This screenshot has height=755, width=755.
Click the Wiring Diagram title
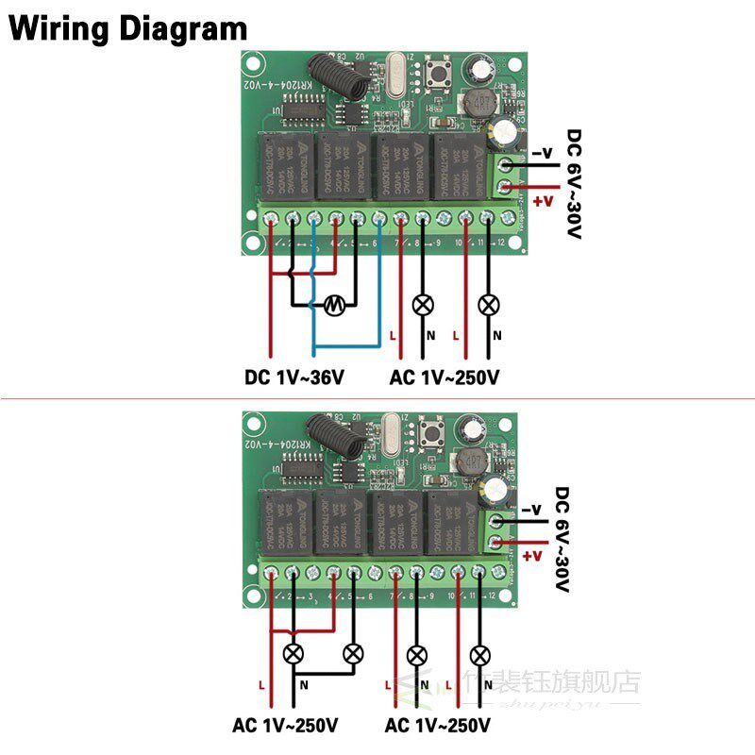pos(127,27)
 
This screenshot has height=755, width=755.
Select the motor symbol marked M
pos(333,304)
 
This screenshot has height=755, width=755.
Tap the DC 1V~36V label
pos(294,377)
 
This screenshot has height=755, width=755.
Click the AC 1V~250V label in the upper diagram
pos(444,377)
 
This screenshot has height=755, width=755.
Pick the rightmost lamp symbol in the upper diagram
pos(488,304)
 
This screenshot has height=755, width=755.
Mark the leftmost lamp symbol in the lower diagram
pos(294,653)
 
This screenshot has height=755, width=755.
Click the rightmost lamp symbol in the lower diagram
pos(480,653)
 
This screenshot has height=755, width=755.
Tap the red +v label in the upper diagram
pos(543,201)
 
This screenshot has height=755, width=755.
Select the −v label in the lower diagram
pos(532,511)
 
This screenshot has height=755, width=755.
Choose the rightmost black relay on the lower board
pos(454,522)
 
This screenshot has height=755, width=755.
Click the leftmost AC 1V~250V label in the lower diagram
pos(286,726)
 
